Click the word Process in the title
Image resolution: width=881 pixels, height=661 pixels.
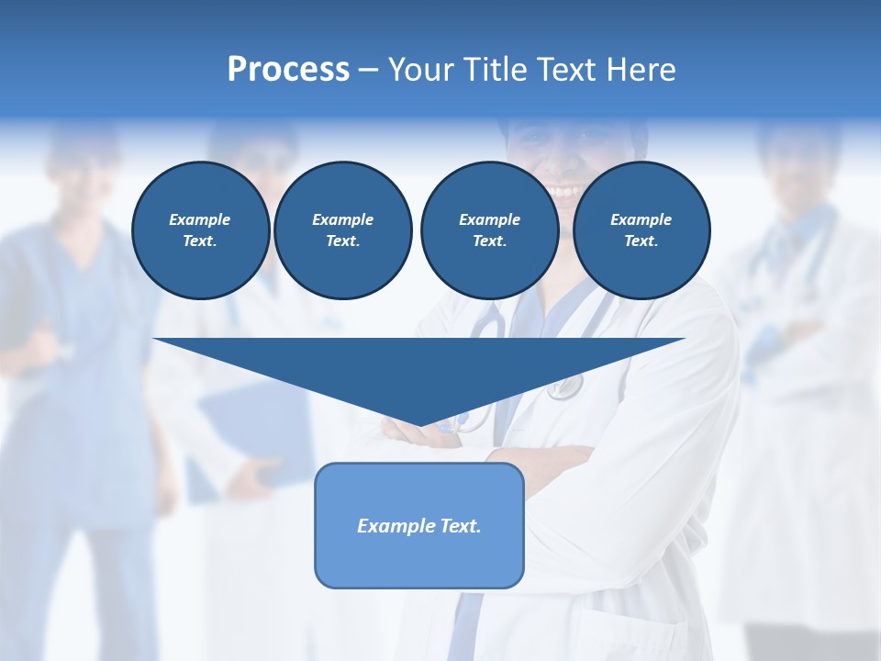pos(288,70)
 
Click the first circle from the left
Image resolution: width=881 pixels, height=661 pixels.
pos(200,230)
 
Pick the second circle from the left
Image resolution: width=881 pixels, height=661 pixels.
pos(343,230)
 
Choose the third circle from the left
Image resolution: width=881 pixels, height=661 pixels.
pos(489,230)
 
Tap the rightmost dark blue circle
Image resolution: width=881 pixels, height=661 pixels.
pos(641,230)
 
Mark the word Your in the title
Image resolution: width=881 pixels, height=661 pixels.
pos(419,70)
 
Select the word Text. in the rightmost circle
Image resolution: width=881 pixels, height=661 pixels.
pos(641,241)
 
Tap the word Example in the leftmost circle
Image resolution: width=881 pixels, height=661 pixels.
pos(200,219)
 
